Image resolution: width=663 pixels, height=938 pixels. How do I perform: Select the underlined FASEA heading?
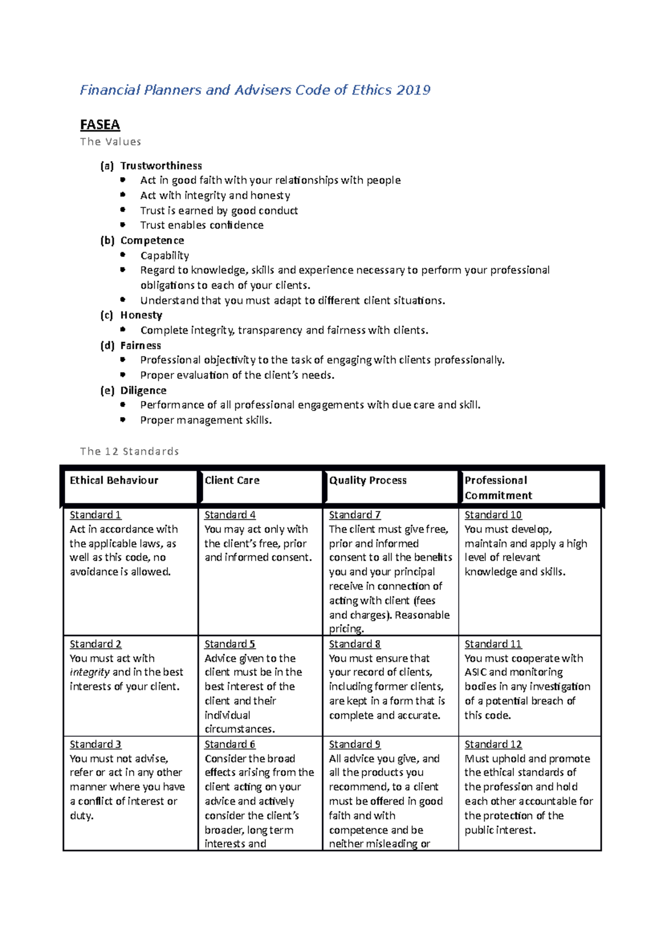click(x=100, y=125)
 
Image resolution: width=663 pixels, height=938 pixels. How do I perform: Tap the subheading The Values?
click(x=110, y=142)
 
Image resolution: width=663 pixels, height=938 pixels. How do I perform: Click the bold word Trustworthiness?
click(x=161, y=166)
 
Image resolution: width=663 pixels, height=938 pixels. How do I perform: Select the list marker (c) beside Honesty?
click(x=107, y=315)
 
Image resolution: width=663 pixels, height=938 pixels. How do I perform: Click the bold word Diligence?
click(x=143, y=391)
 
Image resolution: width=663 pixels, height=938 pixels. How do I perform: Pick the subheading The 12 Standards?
click(x=129, y=451)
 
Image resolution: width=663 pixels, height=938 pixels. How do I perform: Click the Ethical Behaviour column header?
click(x=114, y=481)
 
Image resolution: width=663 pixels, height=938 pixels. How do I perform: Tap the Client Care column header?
click(x=232, y=481)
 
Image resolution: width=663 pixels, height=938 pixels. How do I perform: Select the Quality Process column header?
click(x=368, y=481)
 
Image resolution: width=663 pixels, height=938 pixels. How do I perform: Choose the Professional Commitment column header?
click(x=498, y=488)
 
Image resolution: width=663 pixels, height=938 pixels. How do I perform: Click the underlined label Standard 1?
click(x=95, y=515)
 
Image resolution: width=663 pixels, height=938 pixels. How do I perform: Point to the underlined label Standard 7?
click(x=355, y=515)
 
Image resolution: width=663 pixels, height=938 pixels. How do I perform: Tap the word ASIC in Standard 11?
click(x=475, y=672)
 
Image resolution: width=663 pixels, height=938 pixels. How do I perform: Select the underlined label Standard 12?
click(x=493, y=745)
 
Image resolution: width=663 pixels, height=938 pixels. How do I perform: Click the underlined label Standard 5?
click(x=230, y=644)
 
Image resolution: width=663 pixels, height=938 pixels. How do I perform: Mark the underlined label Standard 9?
click(x=355, y=745)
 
